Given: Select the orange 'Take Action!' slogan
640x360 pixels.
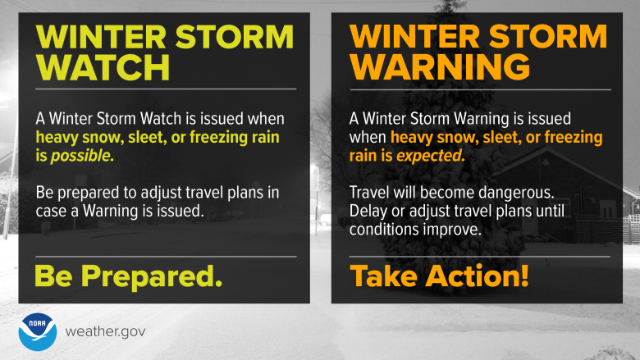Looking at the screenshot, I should click(x=439, y=276).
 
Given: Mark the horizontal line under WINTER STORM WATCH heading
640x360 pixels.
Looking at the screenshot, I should click(x=165, y=89).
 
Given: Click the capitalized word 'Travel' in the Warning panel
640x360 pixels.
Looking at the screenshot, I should click(x=370, y=195).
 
